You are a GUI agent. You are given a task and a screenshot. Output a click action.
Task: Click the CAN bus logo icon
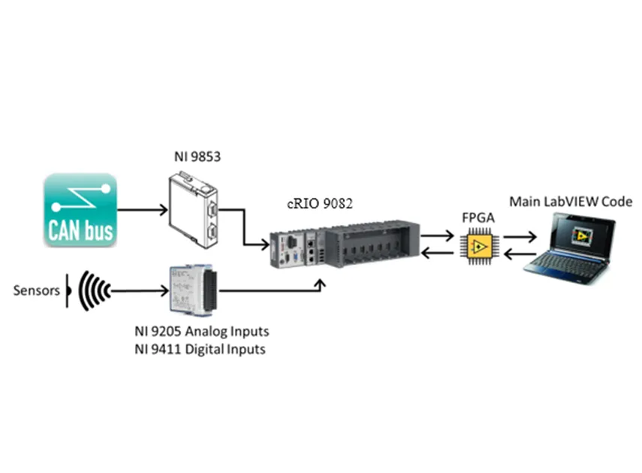tap(80, 210)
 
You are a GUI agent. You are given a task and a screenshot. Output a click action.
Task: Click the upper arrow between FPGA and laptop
tap(520, 236)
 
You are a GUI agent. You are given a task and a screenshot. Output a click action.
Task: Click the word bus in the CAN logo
tap(98, 229)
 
